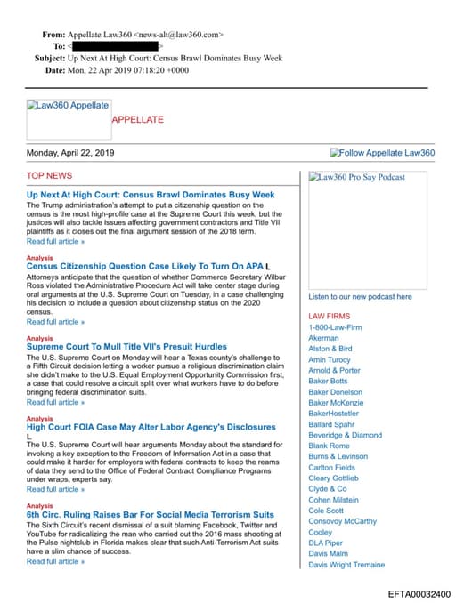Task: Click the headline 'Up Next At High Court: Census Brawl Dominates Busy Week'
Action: pos(151,195)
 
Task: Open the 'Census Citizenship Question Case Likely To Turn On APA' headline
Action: pos(144,266)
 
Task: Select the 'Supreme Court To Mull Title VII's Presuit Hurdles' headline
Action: pos(126,347)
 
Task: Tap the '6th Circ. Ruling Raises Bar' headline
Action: pos(151,515)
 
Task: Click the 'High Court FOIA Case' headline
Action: pos(139,427)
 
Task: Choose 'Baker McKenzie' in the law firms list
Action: pos(336,403)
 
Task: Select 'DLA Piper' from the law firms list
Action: pos(325,543)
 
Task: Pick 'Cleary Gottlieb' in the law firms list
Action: pos(333,478)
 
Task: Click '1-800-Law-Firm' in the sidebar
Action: pos(335,327)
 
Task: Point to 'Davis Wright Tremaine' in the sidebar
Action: pos(346,564)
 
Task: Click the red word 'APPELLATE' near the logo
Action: pos(137,119)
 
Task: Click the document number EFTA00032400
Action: pos(419,594)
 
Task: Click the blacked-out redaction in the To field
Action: pos(115,46)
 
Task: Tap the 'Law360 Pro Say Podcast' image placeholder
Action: pos(357,177)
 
